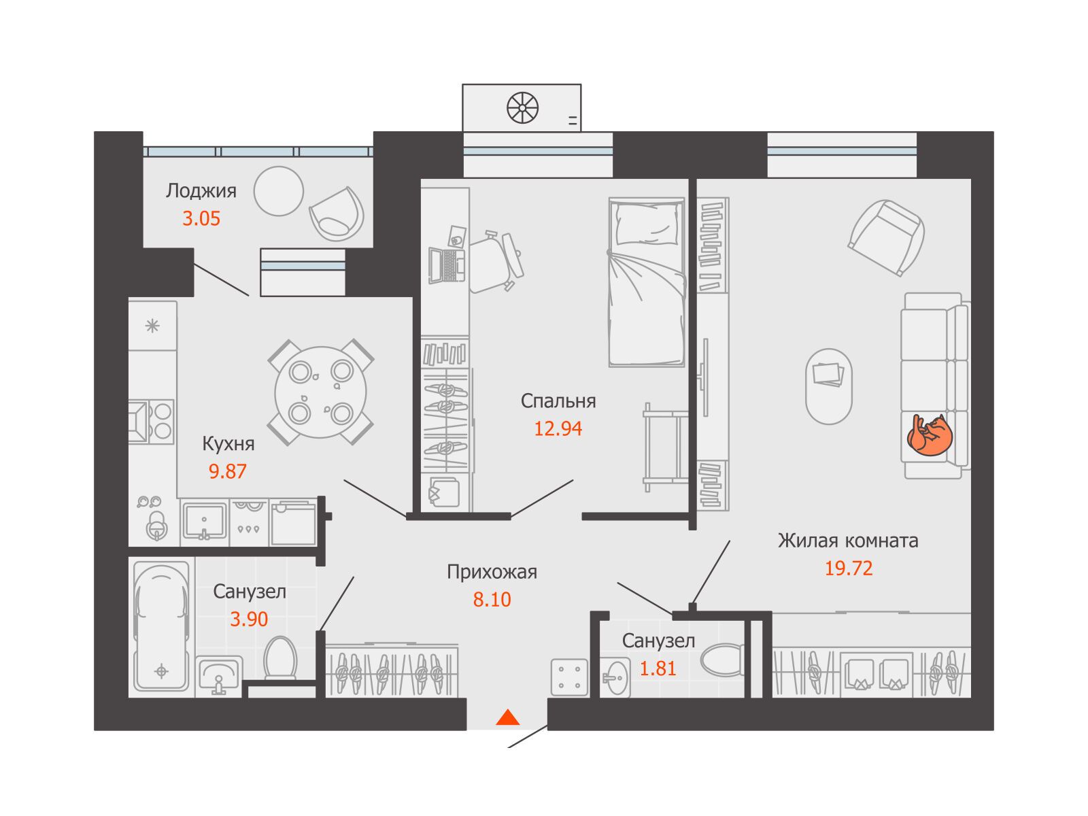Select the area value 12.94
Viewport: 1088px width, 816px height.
point(558,428)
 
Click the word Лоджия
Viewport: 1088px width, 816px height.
point(201,191)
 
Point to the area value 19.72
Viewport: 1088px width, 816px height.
point(848,568)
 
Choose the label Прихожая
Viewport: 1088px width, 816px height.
point(492,573)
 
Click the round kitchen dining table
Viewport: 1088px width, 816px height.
point(321,392)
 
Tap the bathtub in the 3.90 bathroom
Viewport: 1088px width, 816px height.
point(162,626)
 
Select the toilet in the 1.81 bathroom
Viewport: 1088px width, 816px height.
point(723,660)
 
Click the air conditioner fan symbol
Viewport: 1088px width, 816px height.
point(522,107)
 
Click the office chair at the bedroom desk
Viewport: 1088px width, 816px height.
point(496,262)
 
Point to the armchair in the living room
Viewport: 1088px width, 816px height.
point(886,237)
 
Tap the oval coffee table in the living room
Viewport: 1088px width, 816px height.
point(829,386)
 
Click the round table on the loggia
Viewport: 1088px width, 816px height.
point(279,191)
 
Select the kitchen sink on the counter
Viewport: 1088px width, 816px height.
point(204,521)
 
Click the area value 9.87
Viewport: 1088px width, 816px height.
point(228,471)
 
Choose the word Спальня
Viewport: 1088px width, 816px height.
point(558,401)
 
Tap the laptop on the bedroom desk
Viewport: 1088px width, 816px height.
point(447,266)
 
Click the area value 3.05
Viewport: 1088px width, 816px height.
point(201,218)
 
